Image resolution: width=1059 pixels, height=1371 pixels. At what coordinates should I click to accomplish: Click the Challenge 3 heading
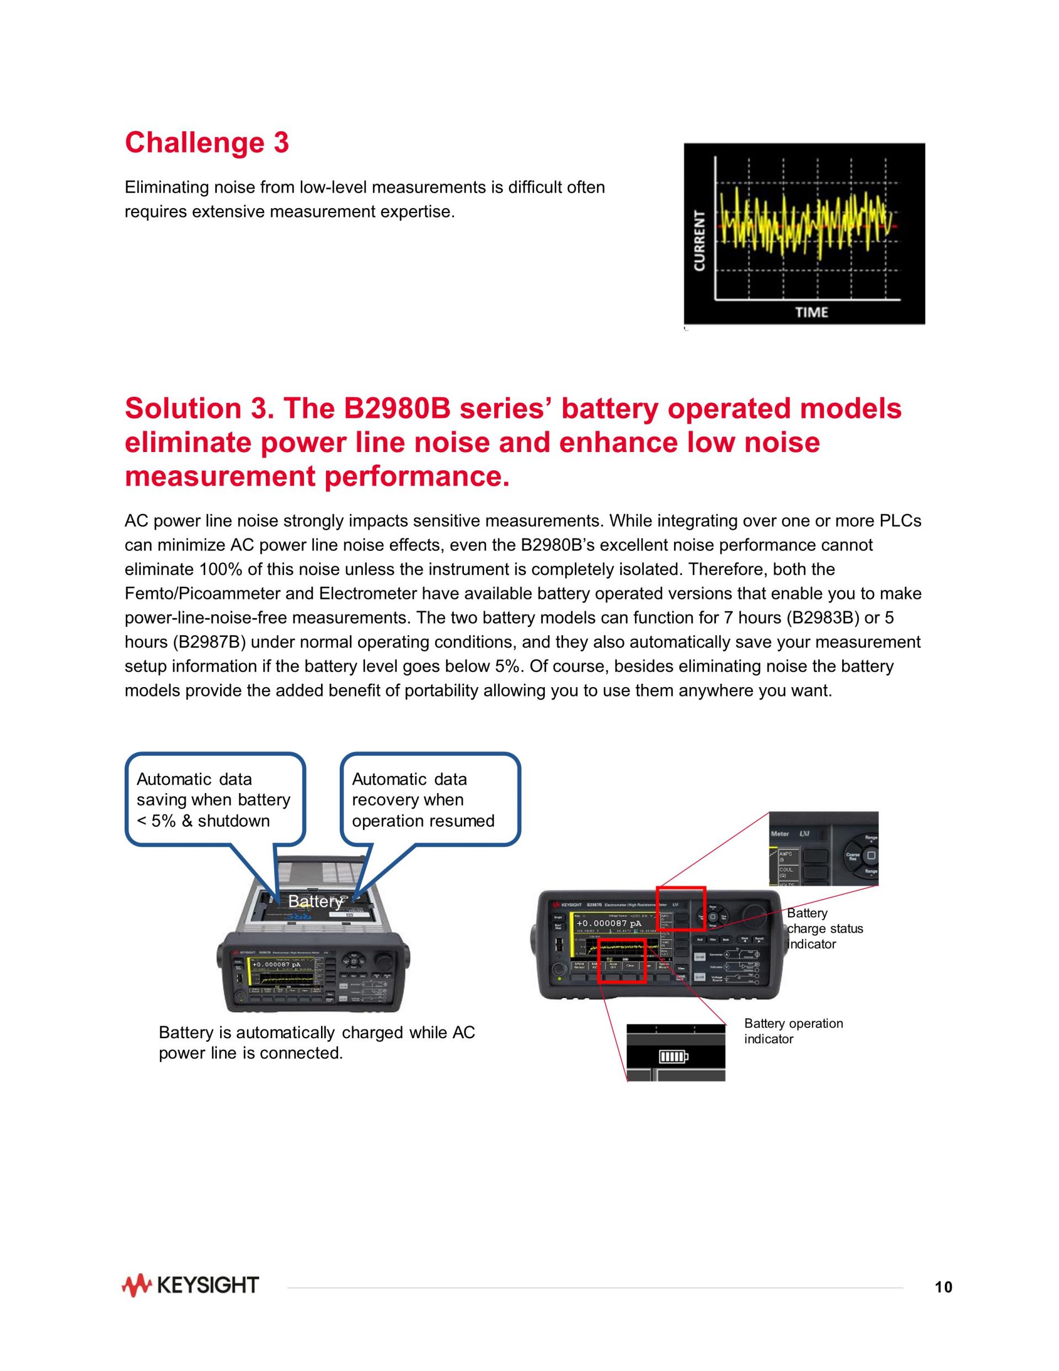[206, 142]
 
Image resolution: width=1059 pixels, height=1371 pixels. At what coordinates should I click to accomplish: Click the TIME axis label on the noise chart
[811, 312]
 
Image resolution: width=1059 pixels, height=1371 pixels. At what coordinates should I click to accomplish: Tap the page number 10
[943, 1288]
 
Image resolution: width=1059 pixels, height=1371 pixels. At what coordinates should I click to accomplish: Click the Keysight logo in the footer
[190, 1285]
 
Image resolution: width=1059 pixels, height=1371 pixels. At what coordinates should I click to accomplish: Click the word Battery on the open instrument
[315, 901]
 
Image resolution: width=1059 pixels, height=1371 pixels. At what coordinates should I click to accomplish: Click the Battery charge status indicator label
[825, 928]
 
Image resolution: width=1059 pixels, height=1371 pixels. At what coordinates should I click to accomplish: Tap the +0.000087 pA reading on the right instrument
[608, 923]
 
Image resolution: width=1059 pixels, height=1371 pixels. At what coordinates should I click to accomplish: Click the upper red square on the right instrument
[681, 908]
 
